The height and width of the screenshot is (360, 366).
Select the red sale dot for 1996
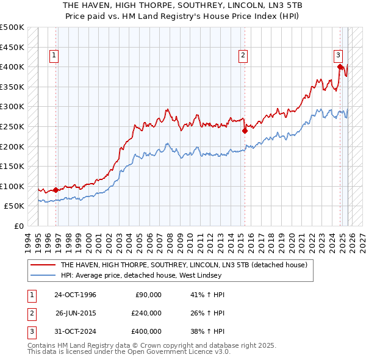(56, 190)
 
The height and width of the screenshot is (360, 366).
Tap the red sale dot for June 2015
(244, 130)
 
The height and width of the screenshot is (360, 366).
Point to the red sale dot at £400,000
(340, 67)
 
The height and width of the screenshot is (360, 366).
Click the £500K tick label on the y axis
(12, 27)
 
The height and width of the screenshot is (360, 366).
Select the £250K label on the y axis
(12, 126)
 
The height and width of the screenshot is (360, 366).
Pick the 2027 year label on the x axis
(362, 239)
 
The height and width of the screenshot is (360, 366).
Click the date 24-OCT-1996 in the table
(75, 295)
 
